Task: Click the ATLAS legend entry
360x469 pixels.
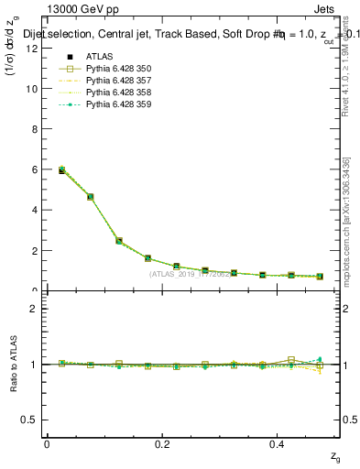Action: pos(100,57)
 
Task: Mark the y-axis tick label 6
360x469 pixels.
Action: pos(32,170)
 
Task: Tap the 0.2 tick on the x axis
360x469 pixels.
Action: pos(162,443)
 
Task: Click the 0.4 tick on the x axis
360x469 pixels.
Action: pos(278,443)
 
